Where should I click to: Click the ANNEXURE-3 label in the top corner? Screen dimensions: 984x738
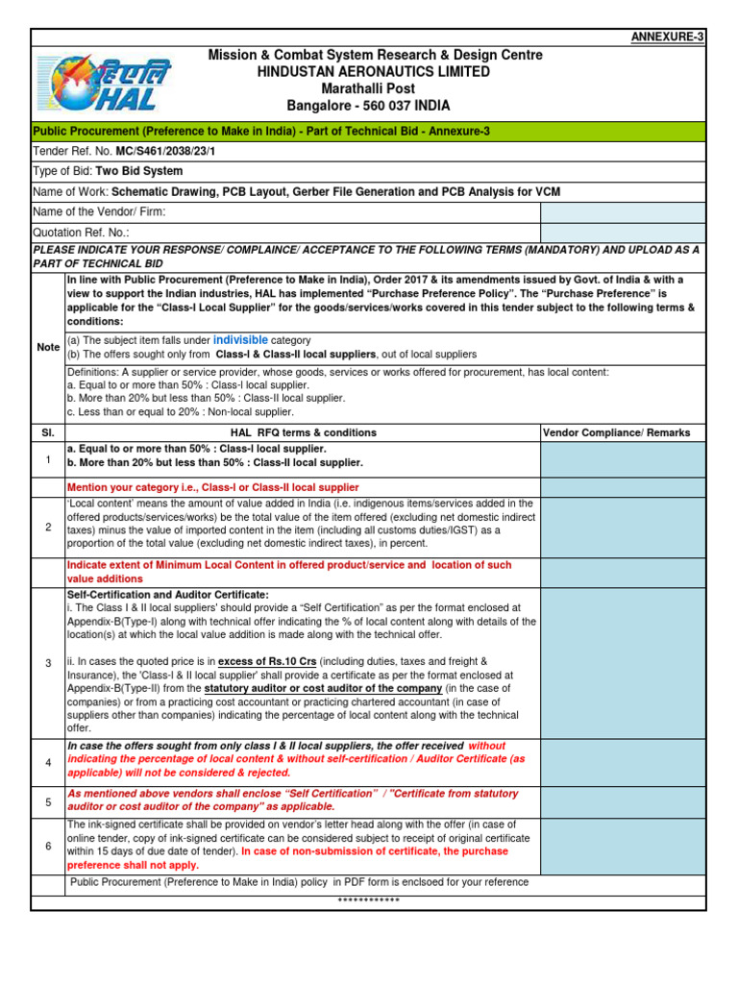667,37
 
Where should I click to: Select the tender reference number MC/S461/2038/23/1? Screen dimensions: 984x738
163,152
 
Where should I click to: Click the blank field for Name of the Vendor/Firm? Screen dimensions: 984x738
623,212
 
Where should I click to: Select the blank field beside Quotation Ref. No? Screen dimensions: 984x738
623,233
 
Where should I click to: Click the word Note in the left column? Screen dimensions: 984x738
48,347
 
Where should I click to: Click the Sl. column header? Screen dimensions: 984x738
48,433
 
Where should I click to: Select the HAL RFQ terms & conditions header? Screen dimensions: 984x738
301,433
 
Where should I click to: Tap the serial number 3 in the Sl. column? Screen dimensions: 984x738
48,664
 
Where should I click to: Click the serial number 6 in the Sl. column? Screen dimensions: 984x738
48,846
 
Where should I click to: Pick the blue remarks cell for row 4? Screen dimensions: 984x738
623,762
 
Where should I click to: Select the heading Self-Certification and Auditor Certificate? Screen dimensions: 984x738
168,596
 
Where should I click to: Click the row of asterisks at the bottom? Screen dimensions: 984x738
369,900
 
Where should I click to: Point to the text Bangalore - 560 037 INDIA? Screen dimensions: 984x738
369,106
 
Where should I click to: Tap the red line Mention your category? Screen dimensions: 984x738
212,488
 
